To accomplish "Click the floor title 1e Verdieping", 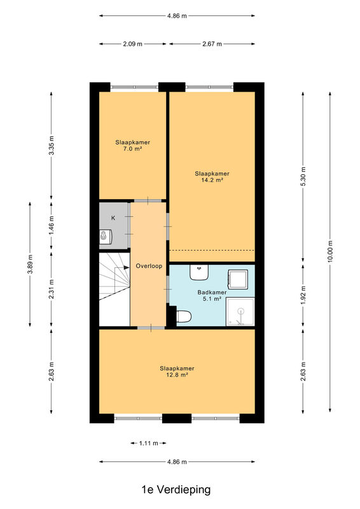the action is pos(176,489).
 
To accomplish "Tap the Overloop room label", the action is pos(149,266).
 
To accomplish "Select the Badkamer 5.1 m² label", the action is pos(212,295).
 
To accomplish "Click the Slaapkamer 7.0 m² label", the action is pos(132,146).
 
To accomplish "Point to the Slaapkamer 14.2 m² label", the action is pos(212,177).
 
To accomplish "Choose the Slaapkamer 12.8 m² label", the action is pos(177,372).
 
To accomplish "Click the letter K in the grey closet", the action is pos(113,218).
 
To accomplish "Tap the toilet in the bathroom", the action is pos(184,316).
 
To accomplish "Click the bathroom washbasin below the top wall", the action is pos(199,273).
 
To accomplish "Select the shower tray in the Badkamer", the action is pos(240,311).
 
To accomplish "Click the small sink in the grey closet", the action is pos(106,236).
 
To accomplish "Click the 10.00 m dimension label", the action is pos(330,251).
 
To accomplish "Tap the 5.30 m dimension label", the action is pos(303,176).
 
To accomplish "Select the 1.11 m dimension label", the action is pos(149,443).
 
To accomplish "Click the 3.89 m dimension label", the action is pos(30,264).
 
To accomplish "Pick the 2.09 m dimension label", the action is pos(133,44).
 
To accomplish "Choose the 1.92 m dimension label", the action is pos(303,295).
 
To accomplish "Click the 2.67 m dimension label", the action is pos(212,44).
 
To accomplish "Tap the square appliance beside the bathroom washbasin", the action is pos(238,279).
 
